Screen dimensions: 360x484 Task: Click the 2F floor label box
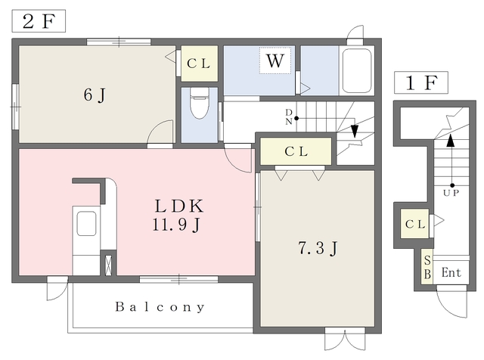click(38, 20)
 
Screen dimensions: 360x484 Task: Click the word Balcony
click(160, 307)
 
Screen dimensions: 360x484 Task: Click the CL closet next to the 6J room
click(199, 64)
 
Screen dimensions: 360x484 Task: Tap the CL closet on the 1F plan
click(414, 224)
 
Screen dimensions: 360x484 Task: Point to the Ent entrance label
click(452, 272)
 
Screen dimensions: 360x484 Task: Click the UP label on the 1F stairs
click(451, 193)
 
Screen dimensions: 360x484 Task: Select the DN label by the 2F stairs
click(289, 117)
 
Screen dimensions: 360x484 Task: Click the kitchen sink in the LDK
click(86, 224)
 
